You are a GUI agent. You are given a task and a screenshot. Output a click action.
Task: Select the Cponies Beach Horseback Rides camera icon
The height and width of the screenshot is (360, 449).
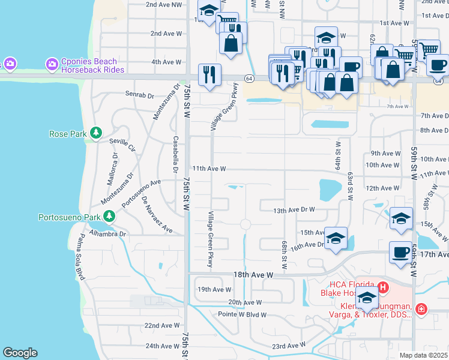52,64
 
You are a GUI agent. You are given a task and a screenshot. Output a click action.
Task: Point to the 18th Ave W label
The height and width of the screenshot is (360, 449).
253,274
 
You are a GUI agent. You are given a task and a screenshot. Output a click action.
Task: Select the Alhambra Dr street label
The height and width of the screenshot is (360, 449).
108,234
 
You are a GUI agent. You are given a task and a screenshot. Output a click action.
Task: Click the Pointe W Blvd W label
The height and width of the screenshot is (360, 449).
242,314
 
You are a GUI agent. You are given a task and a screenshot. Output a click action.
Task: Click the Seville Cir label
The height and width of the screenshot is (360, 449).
122,142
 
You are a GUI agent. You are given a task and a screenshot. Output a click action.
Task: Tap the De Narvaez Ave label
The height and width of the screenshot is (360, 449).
157,213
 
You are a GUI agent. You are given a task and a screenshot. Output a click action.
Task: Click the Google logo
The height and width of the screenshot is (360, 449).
20,352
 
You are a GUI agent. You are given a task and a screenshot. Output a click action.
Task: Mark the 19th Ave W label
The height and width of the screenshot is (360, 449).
214,289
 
